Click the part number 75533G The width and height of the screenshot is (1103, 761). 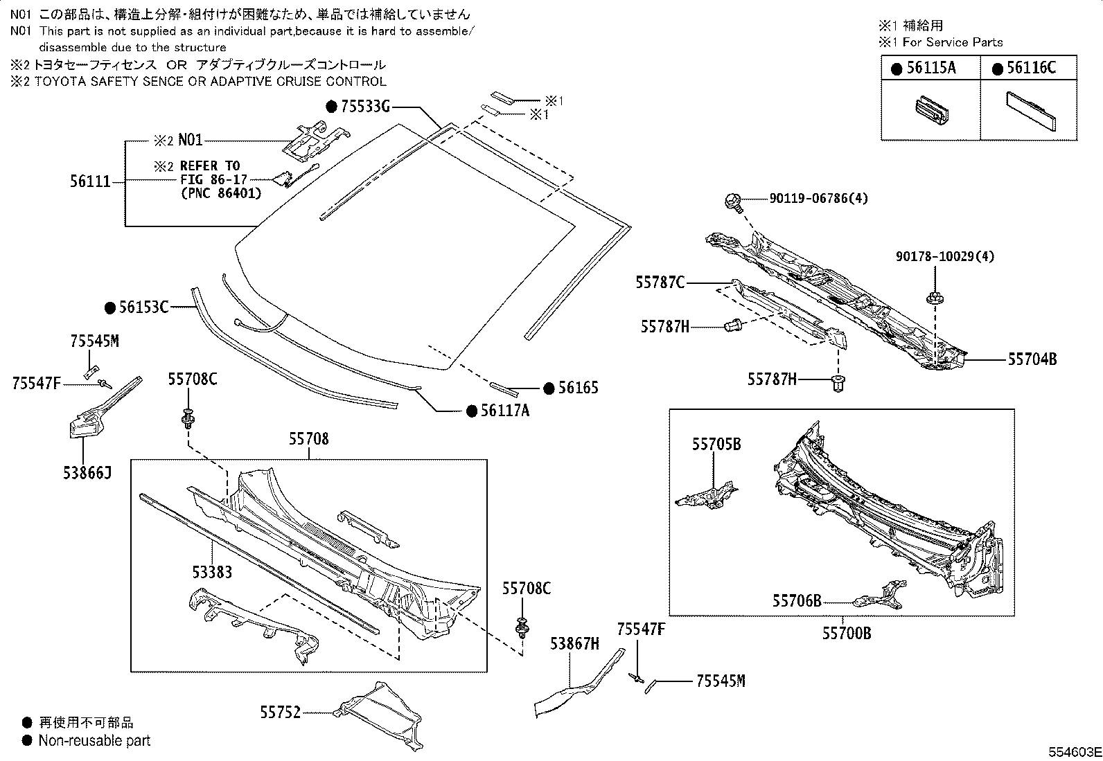[366, 107]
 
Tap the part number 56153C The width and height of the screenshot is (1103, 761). [143, 307]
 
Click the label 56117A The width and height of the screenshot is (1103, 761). [504, 411]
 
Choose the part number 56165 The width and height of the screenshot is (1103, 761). [578, 388]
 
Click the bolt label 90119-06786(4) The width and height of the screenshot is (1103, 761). [818, 199]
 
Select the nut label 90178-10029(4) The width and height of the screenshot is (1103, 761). [944, 256]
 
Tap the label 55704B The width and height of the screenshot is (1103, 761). [1032, 359]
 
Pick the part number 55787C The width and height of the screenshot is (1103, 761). [660, 283]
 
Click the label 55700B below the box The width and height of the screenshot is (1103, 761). [847, 633]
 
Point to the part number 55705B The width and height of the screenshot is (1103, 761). [716, 444]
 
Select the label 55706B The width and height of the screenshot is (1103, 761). [797, 600]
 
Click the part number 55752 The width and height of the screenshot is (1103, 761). [281, 712]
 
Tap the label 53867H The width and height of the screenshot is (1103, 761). [574, 643]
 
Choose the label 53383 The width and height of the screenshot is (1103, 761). [212, 572]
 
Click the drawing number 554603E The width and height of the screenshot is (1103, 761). [1073, 752]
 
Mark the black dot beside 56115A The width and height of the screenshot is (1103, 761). [897, 69]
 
